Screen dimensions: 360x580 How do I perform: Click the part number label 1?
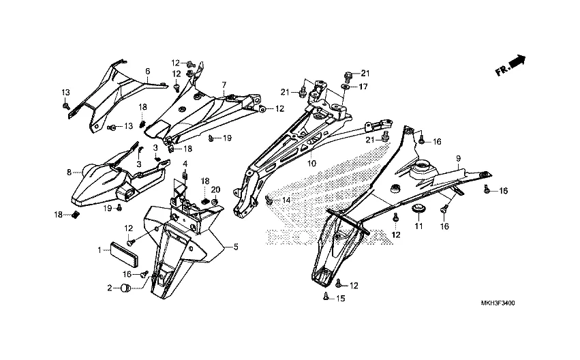tap(100, 250)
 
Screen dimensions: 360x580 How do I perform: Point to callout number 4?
tap(184, 163)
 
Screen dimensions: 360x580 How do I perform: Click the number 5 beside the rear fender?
tap(236, 246)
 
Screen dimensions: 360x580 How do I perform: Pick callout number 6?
tap(147, 71)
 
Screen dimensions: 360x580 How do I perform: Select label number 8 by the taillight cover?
tap(69, 172)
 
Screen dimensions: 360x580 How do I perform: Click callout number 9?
tap(459, 158)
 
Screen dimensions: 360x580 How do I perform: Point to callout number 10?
tap(311, 164)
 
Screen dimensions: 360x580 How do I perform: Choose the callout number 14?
tap(286, 200)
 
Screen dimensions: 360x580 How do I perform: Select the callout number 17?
tap(363, 87)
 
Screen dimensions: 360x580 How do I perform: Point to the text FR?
tap(501, 70)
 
